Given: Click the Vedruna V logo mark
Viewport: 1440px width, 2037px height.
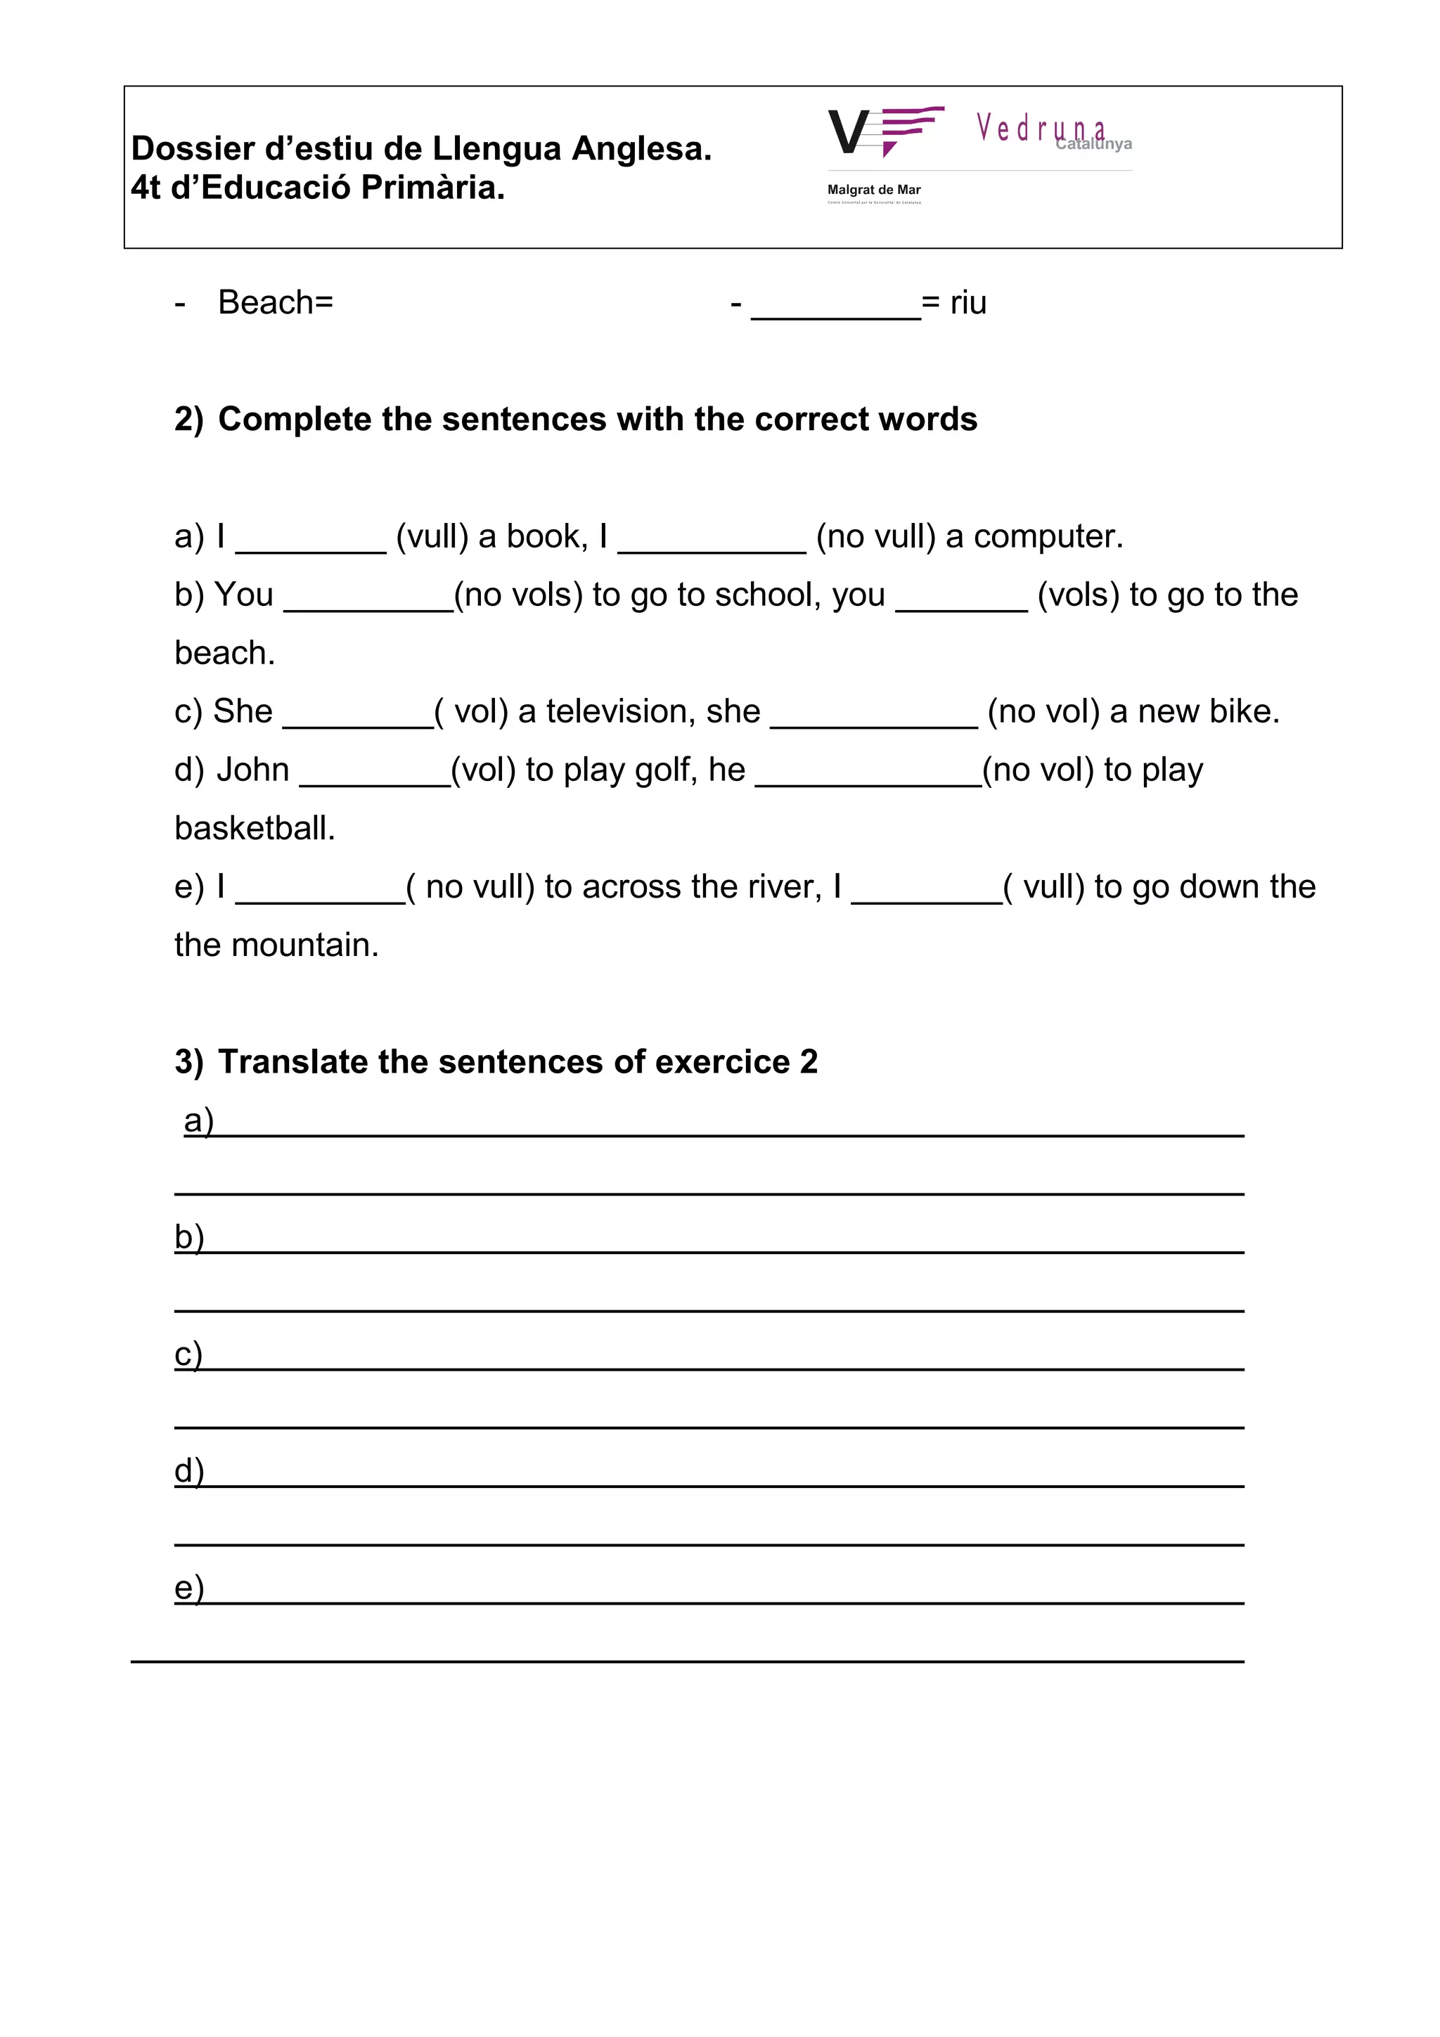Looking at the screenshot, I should [885, 131].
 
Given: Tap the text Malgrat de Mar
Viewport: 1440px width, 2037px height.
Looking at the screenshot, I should [873, 190].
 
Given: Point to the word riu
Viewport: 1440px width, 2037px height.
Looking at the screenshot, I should [968, 302].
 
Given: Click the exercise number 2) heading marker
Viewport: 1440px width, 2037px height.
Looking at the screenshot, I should [188, 419].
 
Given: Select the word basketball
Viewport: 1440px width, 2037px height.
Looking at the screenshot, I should [255, 829].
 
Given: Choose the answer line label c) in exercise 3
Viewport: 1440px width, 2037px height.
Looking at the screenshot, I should [188, 1354].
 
